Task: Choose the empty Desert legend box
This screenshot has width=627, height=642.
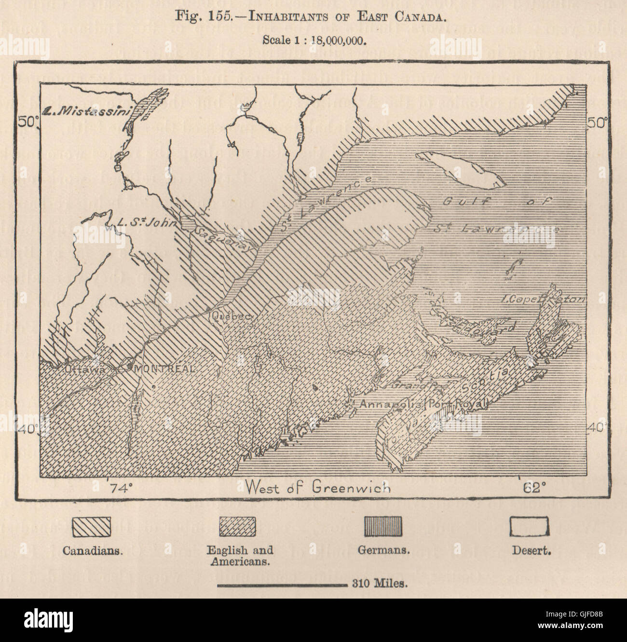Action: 529,526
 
